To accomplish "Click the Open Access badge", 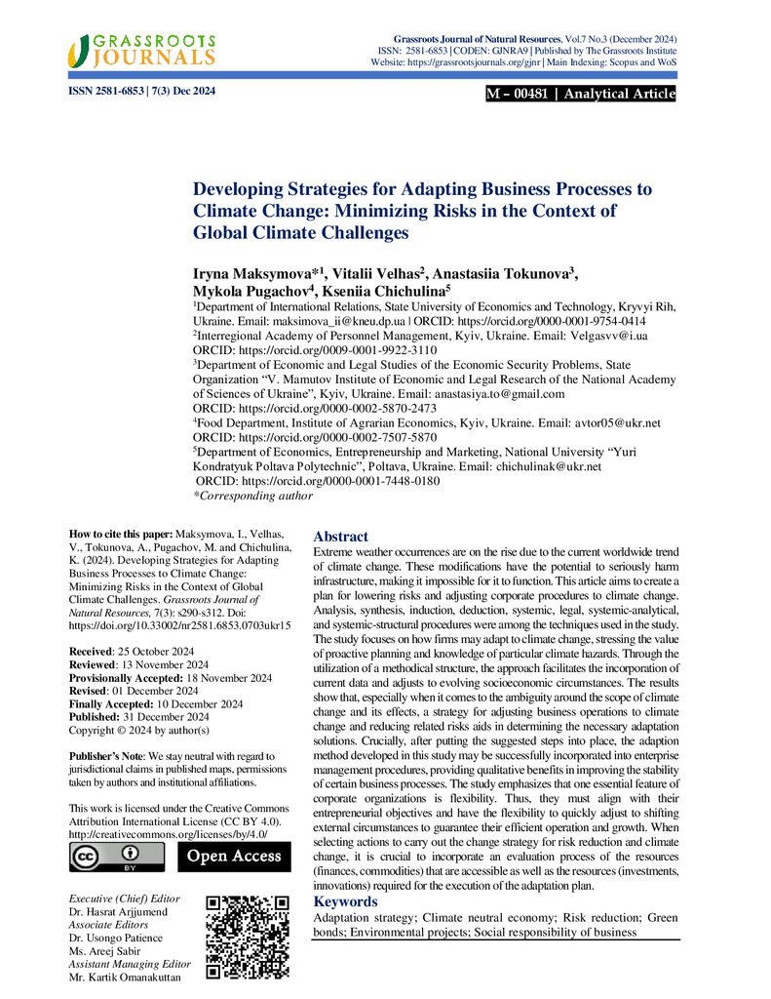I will (233, 857).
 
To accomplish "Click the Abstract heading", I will (340, 537).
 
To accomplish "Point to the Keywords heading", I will (345, 901).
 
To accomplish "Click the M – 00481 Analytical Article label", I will (580, 94).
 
